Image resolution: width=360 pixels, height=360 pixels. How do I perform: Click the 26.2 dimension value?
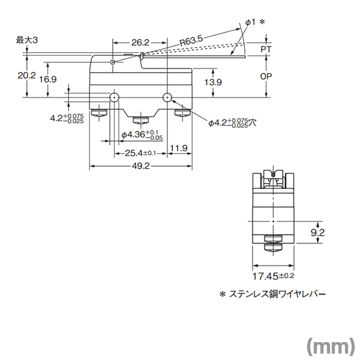pyautogui.click(x=140, y=43)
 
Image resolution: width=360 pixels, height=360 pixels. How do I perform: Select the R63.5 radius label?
pyautogui.click(x=191, y=40)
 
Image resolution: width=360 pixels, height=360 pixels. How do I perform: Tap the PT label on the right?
pyautogui.click(x=266, y=49)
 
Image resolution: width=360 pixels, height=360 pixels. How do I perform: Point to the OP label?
pyautogui.click(x=266, y=76)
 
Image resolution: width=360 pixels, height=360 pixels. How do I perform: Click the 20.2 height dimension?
pyautogui.click(x=27, y=76)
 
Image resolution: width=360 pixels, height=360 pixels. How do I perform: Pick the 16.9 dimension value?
pyautogui.click(x=48, y=79)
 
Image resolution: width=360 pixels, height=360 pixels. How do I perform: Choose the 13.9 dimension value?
pyautogui.click(x=213, y=82)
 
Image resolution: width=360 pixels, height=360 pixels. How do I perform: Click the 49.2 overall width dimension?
pyautogui.click(x=140, y=166)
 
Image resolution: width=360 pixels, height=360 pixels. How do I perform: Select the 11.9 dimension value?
pyautogui.click(x=179, y=148)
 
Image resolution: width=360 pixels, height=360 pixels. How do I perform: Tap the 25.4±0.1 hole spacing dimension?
pyautogui.click(x=140, y=153)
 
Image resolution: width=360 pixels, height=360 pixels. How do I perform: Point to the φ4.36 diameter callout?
pyautogui.click(x=142, y=135)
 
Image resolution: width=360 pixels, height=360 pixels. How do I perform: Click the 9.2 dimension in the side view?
pyautogui.click(x=317, y=233)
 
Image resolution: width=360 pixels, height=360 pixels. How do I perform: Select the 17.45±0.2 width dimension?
pyautogui.click(x=273, y=276)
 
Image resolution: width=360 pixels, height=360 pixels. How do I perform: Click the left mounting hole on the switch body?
pyautogui.click(x=114, y=98)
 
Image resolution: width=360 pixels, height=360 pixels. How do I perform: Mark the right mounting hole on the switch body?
pyautogui.click(x=167, y=98)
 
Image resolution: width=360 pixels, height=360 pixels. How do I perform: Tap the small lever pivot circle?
pyautogui.click(x=113, y=62)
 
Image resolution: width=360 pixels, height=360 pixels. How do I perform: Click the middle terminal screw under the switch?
pyautogui.click(x=141, y=121)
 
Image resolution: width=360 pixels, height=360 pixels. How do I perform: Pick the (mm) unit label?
pyautogui.click(x=331, y=346)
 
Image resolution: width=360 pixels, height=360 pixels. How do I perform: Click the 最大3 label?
pyautogui.click(x=27, y=40)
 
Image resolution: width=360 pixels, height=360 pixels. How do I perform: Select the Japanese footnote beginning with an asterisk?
pyautogui.click(x=272, y=294)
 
